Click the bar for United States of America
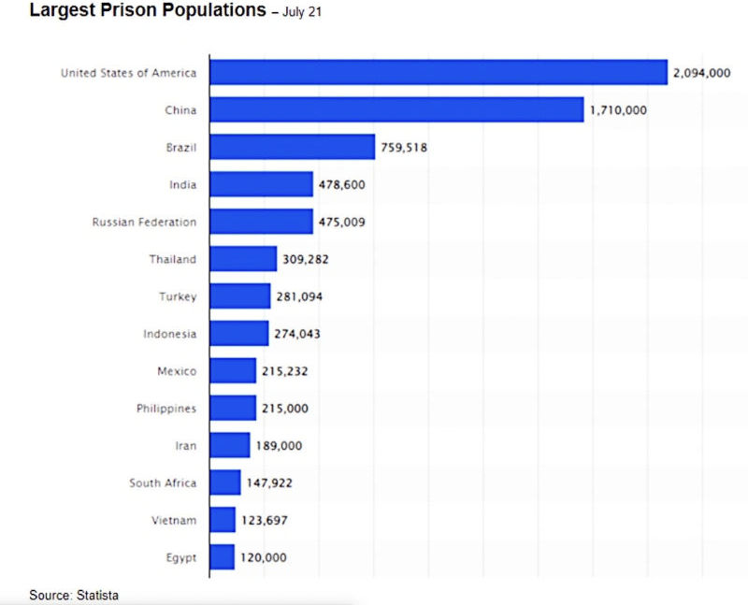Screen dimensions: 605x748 438,73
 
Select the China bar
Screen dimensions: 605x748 396,110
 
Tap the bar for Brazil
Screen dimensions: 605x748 292,147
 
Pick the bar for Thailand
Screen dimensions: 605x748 243,259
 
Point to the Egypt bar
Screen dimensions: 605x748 222,557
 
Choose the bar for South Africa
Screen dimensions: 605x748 225,483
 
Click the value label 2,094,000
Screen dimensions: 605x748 701,73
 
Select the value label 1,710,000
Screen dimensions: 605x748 618,110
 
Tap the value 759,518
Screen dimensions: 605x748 404,147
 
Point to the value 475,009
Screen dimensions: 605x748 342,222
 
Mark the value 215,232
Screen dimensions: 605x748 285,371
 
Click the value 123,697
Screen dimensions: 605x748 265,520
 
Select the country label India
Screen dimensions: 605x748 183,184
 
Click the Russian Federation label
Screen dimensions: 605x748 144,222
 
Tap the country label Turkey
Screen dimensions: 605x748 178,296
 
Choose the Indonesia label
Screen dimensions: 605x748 170,334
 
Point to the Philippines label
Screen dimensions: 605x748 165,409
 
